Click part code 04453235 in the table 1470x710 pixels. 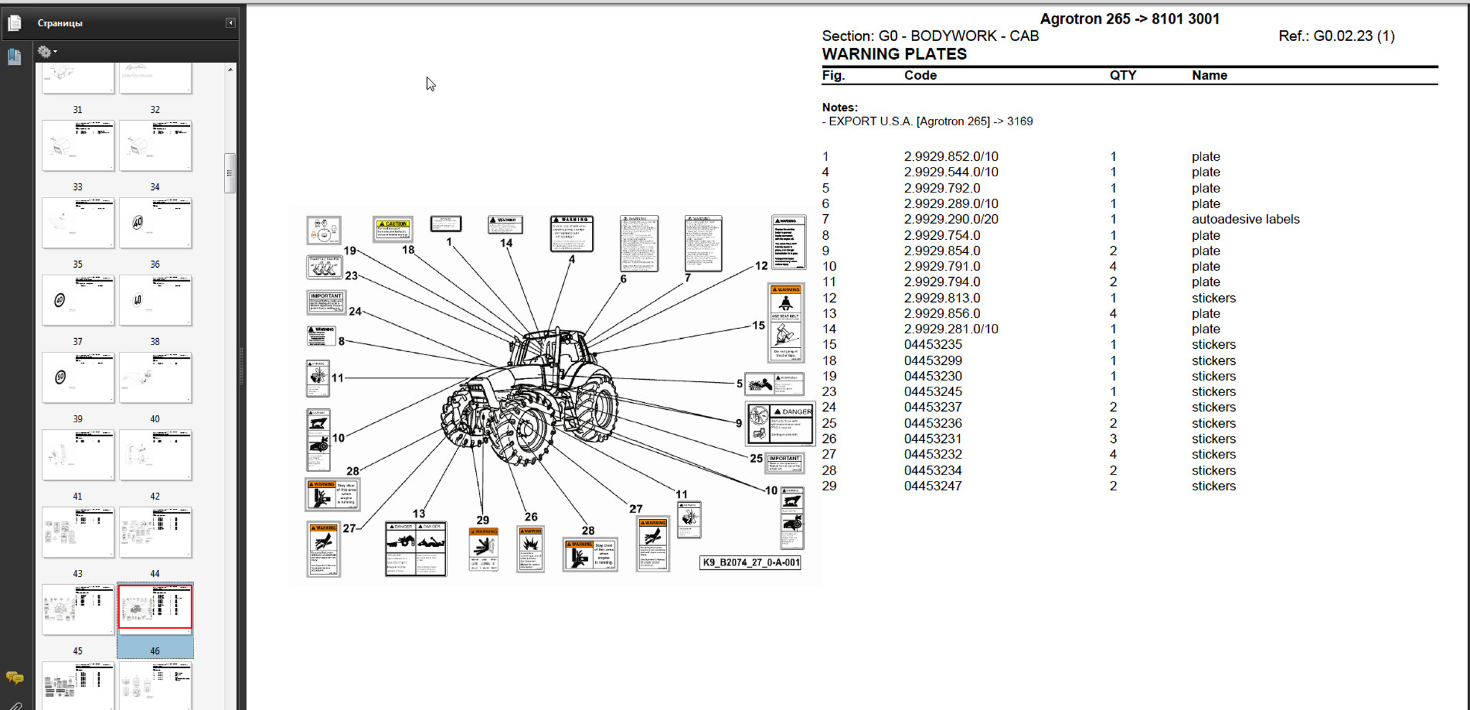932,344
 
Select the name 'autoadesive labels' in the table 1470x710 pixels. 1245,219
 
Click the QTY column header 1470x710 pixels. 1123,75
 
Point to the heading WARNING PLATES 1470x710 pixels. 894,54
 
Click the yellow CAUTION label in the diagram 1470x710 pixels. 393,229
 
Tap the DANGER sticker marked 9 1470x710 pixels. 780,424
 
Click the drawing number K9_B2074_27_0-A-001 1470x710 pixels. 750,562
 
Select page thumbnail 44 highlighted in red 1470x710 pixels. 155,607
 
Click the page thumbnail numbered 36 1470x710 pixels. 155,300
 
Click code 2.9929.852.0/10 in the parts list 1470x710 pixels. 950,156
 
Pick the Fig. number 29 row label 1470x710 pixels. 829,486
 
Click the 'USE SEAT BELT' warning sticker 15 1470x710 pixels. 785,323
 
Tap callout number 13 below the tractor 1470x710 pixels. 419,513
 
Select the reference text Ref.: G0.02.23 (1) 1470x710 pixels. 1336,36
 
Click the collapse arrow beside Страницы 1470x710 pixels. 230,23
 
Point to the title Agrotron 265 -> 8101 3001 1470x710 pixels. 1129,19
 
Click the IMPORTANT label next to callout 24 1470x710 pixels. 325,303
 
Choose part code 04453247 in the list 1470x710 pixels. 932,486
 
